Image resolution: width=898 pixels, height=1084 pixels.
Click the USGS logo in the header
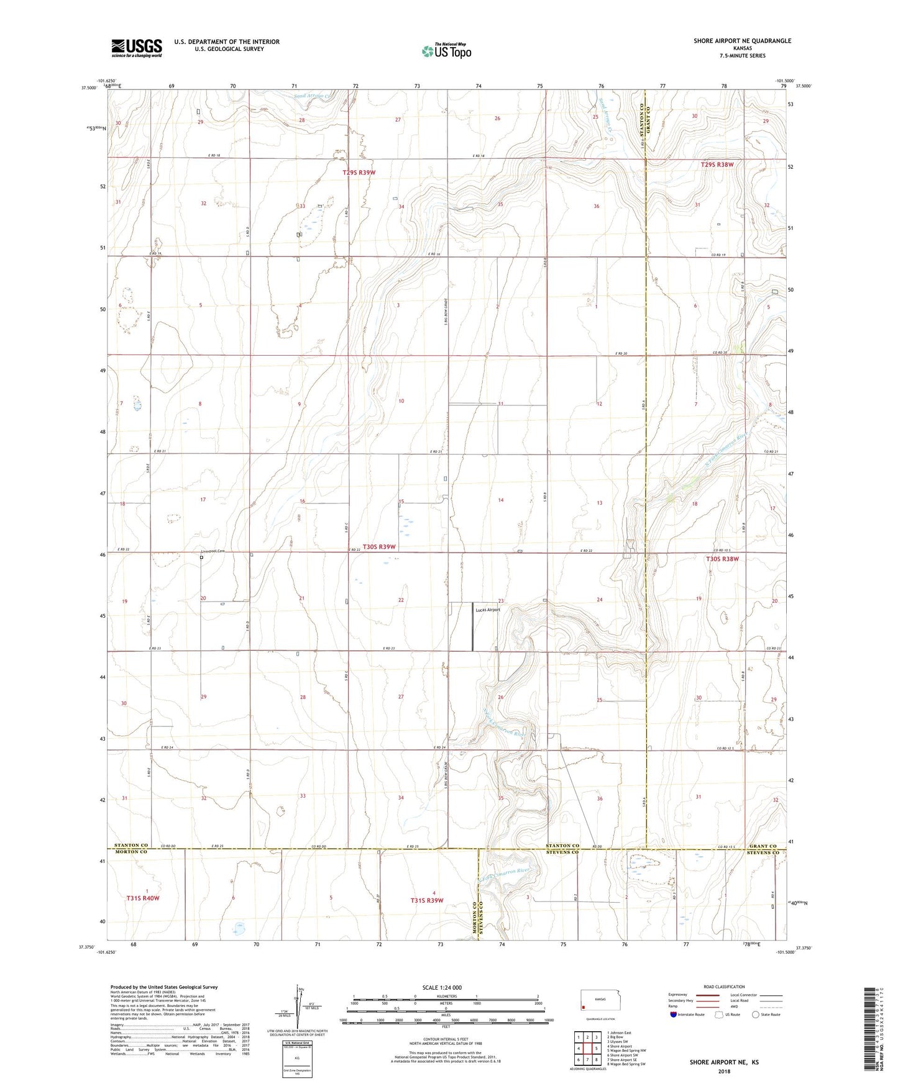137,48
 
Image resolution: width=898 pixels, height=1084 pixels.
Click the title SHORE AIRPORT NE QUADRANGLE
742,41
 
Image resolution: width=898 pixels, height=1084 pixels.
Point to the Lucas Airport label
487,610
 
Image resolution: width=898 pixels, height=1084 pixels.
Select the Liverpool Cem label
212,551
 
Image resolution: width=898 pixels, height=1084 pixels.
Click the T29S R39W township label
359,172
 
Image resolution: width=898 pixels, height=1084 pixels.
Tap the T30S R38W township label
722,559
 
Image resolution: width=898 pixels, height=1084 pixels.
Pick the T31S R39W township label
426,900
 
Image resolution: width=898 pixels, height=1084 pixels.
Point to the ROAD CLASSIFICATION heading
724,987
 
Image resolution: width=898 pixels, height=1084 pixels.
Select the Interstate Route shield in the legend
674,1014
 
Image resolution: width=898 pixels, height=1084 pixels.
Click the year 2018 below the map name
723,1071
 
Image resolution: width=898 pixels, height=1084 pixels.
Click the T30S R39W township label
379,547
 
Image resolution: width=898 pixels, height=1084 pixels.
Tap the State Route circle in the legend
755,1014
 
